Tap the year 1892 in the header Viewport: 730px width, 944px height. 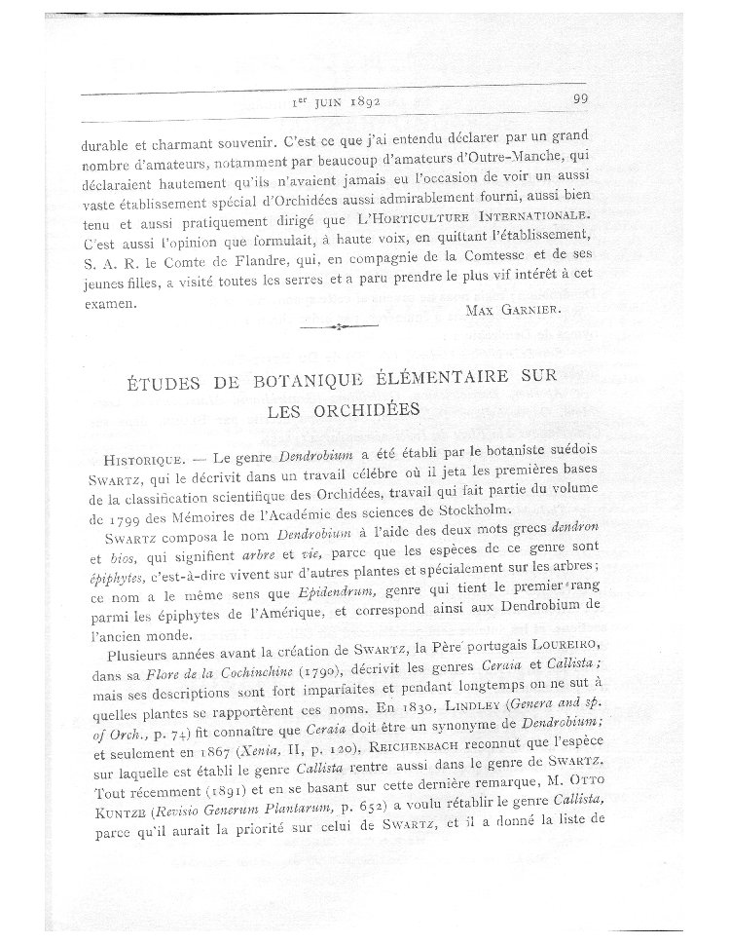coord(356,99)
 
